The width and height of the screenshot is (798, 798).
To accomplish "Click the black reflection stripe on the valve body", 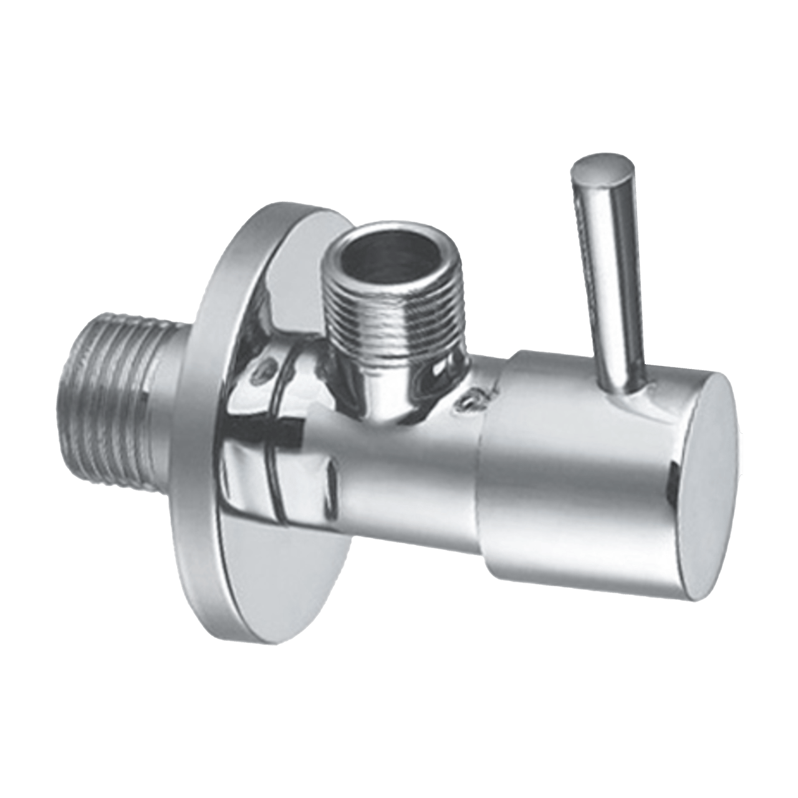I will (x=274, y=430).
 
